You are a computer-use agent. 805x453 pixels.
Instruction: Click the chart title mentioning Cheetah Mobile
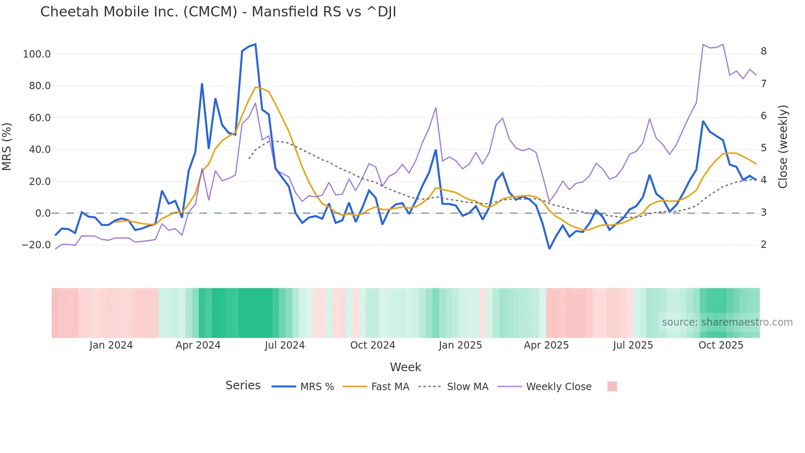point(218,12)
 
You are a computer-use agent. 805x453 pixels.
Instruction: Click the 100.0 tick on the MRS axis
point(37,54)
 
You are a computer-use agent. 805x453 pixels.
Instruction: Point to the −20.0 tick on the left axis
point(36,245)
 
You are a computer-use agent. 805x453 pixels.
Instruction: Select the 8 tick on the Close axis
point(764,51)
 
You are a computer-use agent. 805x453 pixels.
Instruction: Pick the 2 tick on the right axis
point(764,245)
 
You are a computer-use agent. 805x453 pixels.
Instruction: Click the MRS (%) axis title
point(7,146)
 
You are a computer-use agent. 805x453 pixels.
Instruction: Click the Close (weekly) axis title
point(783,146)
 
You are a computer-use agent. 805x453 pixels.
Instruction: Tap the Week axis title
point(405,367)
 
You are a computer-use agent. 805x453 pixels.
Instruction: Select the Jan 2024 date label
point(111,345)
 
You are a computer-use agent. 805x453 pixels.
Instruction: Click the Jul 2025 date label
point(633,345)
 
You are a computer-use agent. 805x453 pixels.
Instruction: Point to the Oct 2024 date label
point(373,345)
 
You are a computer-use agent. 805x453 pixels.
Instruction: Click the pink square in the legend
point(612,386)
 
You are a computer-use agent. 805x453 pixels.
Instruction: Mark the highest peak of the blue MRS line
point(255,44)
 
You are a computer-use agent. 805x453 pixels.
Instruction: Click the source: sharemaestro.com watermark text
point(727,322)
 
